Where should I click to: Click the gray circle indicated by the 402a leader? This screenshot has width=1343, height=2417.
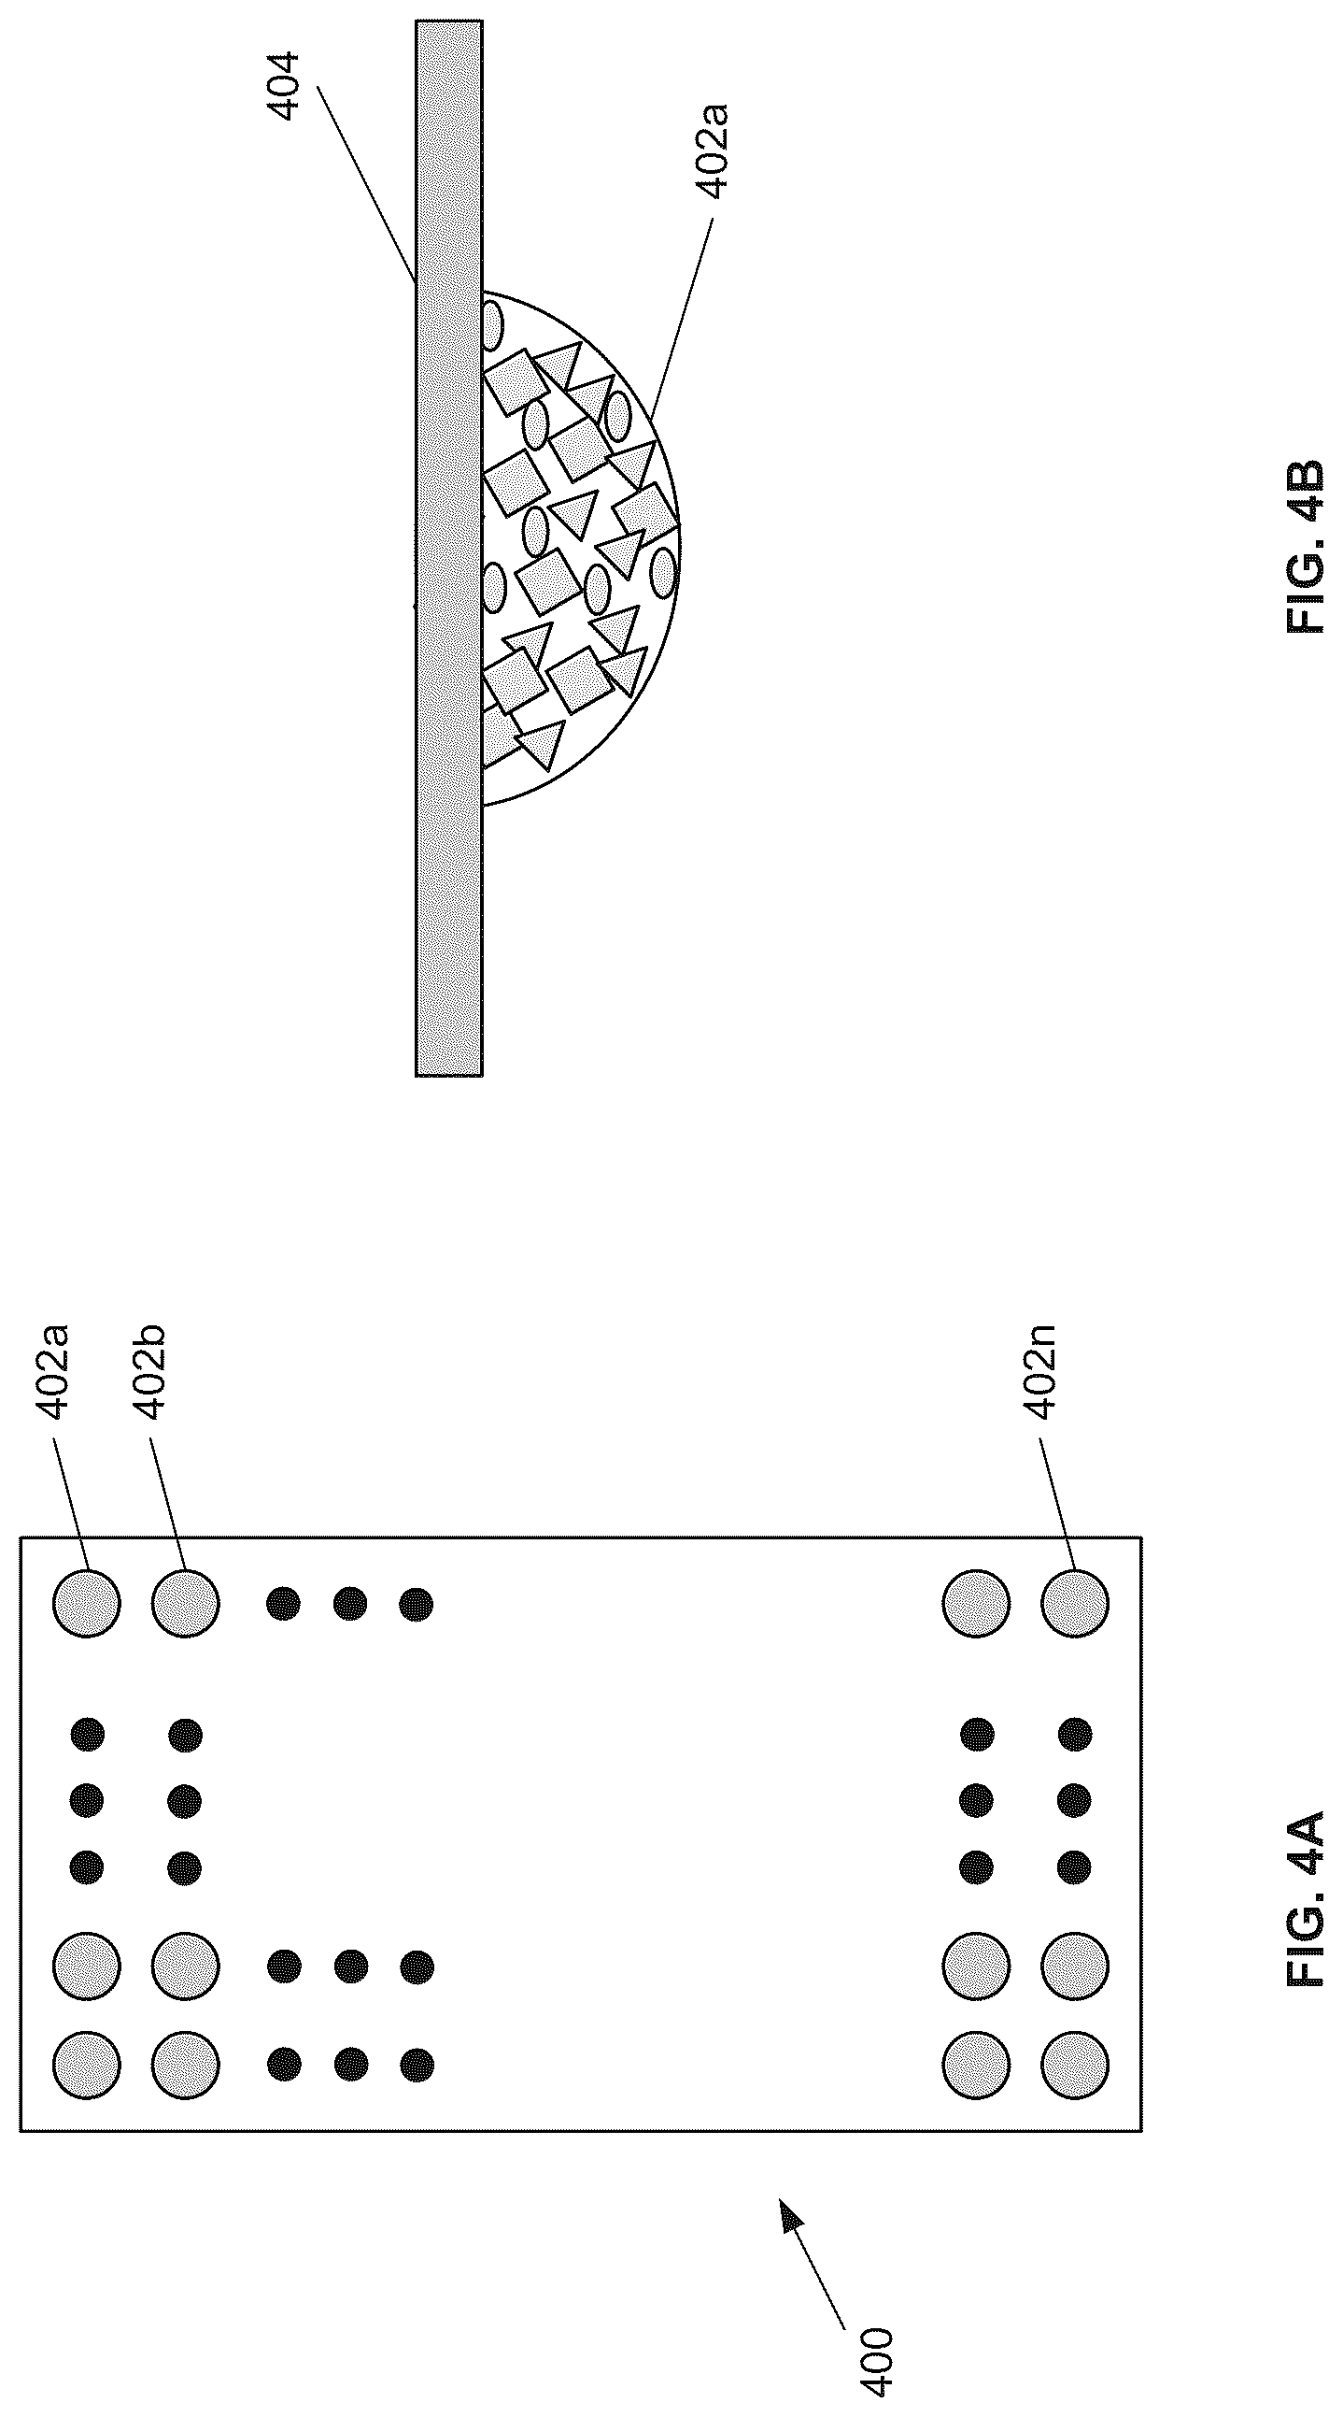click(x=86, y=1604)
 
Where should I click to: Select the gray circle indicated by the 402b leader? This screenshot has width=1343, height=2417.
click(x=185, y=1604)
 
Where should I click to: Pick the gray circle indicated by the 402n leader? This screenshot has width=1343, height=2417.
click(x=1074, y=1604)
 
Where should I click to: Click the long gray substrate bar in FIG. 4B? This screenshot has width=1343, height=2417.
click(x=449, y=548)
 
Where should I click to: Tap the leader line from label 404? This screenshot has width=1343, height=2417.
click(x=367, y=183)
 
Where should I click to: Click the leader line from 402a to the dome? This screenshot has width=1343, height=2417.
click(x=682, y=318)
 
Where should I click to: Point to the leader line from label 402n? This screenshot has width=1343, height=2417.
click(x=1056, y=1508)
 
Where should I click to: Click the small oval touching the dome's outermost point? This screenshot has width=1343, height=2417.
click(x=663, y=573)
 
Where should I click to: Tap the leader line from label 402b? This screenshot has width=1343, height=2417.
click(x=167, y=1508)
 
